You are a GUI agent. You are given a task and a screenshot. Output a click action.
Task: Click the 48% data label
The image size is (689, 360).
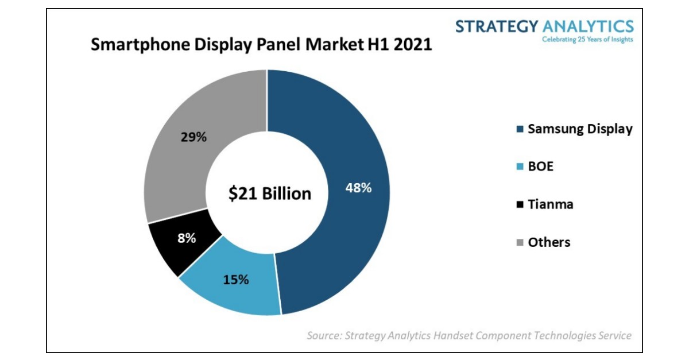(x=358, y=188)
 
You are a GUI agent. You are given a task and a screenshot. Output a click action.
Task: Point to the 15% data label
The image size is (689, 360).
(x=236, y=280)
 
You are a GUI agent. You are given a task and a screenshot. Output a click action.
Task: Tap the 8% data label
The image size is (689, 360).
(x=186, y=237)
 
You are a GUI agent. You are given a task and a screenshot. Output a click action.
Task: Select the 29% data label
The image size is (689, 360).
(x=194, y=137)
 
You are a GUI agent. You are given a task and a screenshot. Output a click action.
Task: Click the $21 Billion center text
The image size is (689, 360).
(x=270, y=193)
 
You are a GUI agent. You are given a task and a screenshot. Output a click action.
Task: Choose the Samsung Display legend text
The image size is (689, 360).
(x=580, y=129)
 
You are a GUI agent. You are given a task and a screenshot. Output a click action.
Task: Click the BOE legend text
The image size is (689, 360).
(x=541, y=167)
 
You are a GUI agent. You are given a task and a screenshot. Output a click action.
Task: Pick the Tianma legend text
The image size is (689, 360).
(x=551, y=204)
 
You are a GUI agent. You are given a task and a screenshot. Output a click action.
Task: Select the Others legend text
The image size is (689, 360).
(x=549, y=242)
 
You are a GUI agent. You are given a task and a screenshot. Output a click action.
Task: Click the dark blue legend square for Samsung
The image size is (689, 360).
(x=520, y=130)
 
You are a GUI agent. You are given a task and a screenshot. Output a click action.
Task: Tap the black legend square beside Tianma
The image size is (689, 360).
(x=520, y=204)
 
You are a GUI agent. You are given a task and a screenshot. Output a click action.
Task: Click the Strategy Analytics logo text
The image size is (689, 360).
(x=544, y=26)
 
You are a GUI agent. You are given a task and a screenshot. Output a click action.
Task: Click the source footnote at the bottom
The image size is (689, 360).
(x=469, y=335)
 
